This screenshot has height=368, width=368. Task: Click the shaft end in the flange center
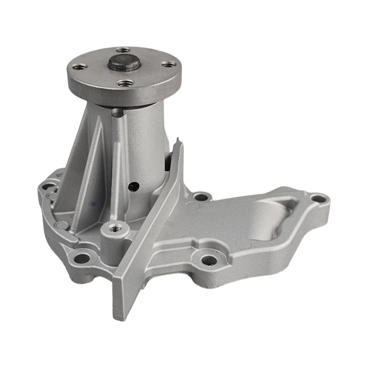[122, 64]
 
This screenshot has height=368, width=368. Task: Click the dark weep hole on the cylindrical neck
[131, 186]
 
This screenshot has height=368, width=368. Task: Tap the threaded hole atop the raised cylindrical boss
[114, 227]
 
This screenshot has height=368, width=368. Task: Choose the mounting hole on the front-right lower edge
[209, 259]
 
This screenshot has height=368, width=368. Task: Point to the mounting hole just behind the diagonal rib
[200, 197]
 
